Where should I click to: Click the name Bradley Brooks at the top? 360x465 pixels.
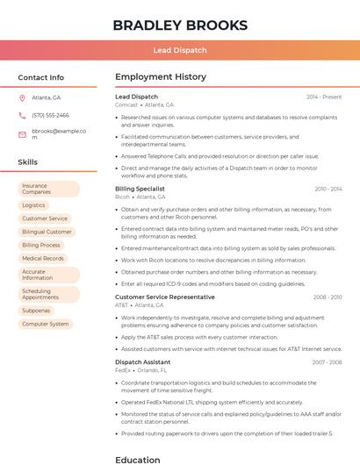(x=179, y=25)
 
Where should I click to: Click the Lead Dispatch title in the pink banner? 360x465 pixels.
(x=179, y=50)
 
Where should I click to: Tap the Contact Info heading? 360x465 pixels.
(x=40, y=77)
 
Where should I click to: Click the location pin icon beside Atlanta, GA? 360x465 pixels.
(x=22, y=97)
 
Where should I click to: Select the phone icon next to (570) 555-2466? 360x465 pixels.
(x=22, y=115)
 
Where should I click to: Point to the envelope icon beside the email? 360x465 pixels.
(x=22, y=134)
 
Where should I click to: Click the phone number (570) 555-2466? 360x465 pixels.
(x=50, y=115)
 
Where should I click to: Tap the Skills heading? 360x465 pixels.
(x=27, y=162)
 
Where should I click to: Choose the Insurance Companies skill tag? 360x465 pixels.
(x=48, y=189)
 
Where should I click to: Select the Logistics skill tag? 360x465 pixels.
(x=33, y=205)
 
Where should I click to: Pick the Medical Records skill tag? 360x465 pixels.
(x=43, y=259)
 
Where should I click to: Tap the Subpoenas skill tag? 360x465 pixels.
(x=36, y=311)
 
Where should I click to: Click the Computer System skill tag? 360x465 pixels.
(x=45, y=324)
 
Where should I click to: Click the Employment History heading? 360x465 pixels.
(x=161, y=77)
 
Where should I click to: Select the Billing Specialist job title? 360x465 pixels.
(x=140, y=189)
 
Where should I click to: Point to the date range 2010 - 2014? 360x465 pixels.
(x=328, y=189)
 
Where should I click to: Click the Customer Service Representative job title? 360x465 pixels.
(x=164, y=297)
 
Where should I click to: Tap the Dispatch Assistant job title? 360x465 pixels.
(x=142, y=362)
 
